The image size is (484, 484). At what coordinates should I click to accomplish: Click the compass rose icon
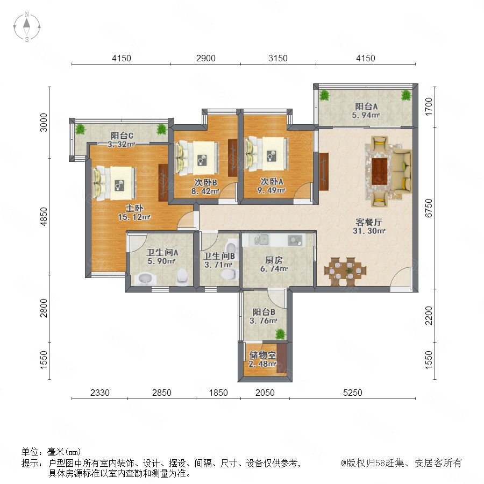tap(27, 27)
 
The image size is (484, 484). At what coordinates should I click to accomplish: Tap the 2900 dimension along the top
tap(206, 58)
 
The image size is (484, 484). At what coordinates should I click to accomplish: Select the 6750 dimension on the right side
tap(429, 208)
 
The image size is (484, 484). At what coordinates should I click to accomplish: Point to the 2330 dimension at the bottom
tap(99, 393)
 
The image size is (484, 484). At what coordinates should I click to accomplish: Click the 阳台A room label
tap(366, 106)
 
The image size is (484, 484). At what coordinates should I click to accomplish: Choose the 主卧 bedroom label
tap(134, 208)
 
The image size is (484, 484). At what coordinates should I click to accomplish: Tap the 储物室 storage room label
tap(262, 355)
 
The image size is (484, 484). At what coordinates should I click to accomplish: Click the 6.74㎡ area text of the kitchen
tap(274, 269)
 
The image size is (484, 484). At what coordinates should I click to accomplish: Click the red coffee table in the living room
tap(379, 172)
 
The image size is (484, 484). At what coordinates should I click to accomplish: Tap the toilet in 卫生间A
tap(182, 276)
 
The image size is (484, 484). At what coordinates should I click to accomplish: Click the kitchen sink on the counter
tap(261, 239)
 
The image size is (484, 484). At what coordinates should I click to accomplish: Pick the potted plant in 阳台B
tap(280, 334)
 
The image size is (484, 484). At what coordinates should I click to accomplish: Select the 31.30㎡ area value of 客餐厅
tap(369, 231)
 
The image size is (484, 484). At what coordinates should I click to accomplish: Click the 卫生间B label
tap(219, 256)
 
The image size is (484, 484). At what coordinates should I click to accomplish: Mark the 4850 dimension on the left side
tap(44, 216)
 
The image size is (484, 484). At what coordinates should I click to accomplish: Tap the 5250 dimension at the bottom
tap(352, 393)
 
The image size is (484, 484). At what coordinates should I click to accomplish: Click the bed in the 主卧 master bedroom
tap(115, 183)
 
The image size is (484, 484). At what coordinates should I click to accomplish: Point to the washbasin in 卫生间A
tap(145, 279)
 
